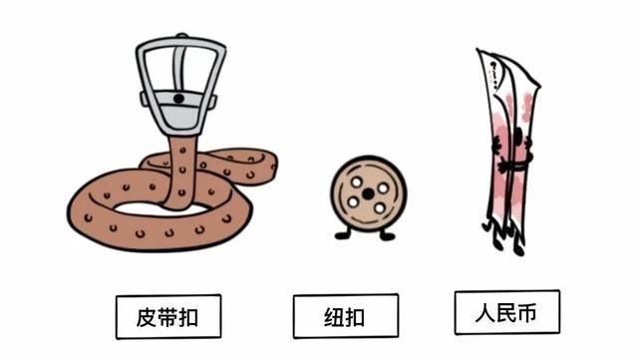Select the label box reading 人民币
pyautogui.click(x=506, y=312)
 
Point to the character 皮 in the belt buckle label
pyautogui.click(x=146, y=317)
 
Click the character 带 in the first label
pyautogui.click(x=167, y=317)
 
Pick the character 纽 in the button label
pyautogui.click(x=333, y=317)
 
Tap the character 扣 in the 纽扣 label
pyautogui.click(x=356, y=317)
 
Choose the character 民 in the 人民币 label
pyautogui.click(x=506, y=312)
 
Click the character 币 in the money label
pyautogui.click(x=528, y=312)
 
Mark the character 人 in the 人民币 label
pyautogui.click(x=484, y=312)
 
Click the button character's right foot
pyautogui.click(x=388, y=236)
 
